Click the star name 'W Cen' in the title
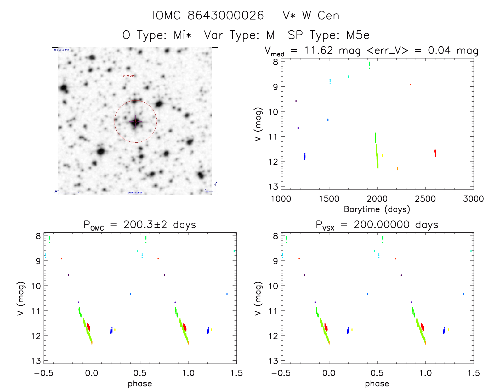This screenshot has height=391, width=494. [x=320, y=15]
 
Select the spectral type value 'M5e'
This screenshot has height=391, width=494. [x=358, y=35]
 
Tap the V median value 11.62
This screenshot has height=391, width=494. [x=319, y=50]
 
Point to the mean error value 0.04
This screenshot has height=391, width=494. [x=439, y=50]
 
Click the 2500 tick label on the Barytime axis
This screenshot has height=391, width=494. [x=425, y=199]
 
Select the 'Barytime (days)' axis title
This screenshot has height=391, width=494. [x=377, y=209]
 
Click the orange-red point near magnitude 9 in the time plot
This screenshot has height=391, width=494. [x=411, y=85]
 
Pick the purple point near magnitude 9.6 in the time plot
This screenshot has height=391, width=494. [x=296, y=101]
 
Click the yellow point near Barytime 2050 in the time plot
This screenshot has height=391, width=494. [x=383, y=155]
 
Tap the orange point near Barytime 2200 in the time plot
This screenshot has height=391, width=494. [x=397, y=169]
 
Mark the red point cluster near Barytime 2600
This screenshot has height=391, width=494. [x=435, y=153]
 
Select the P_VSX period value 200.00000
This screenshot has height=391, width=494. [x=382, y=225]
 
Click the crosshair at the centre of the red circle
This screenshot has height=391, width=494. [x=135, y=121]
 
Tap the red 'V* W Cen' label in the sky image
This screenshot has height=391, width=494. [x=129, y=76]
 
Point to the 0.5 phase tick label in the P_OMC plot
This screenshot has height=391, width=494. [x=140, y=373]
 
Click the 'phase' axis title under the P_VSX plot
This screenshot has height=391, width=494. [x=377, y=384]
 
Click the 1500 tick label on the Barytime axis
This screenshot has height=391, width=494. [x=329, y=199]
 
